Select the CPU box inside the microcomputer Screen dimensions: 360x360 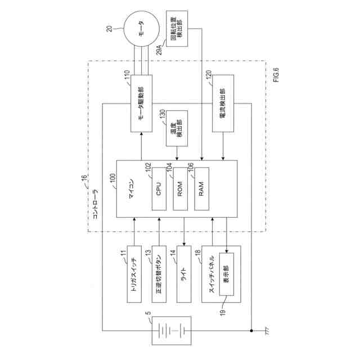pyautogui.click(x=159, y=190)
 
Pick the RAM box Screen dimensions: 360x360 pyautogui.click(x=202, y=190)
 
